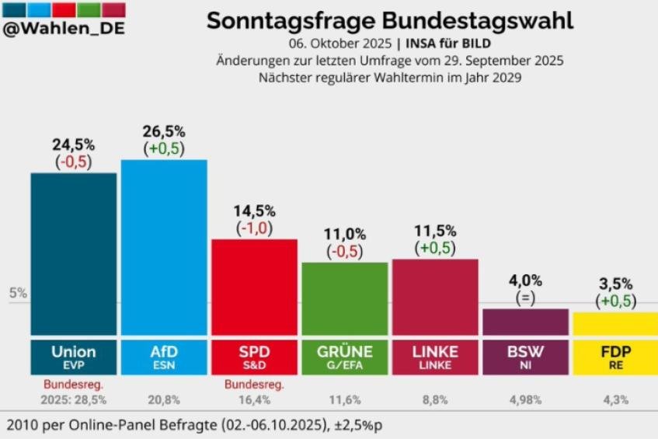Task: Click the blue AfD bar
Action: click(x=164, y=246)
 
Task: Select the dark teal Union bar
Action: click(x=74, y=253)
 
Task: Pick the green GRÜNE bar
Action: click(x=344, y=298)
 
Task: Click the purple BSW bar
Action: click(x=525, y=321)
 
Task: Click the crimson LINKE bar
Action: click(x=435, y=296)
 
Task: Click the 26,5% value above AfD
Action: click(x=164, y=131)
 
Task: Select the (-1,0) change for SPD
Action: click(x=254, y=228)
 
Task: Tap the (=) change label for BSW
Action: click(x=525, y=298)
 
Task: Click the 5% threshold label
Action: click(x=18, y=294)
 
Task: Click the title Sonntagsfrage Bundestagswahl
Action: click(x=390, y=21)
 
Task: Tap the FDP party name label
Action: click(x=615, y=351)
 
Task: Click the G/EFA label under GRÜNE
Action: click(x=344, y=364)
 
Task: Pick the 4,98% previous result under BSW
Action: click(x=525, y=399)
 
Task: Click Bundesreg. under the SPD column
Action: click(x=254, y=384)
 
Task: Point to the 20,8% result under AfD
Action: click(x=164, y=399)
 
